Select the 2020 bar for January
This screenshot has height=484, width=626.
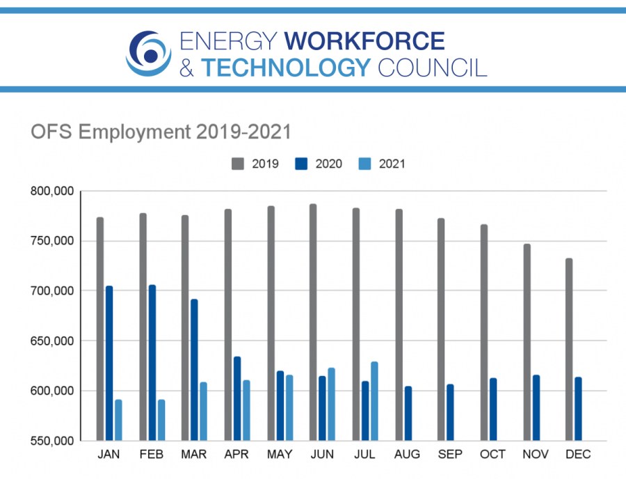109,363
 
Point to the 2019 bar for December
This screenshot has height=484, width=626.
569,349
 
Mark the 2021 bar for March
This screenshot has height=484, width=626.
204,411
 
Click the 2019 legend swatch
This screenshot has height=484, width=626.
237,164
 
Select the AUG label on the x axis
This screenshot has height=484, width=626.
408,455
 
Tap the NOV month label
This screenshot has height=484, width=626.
536,455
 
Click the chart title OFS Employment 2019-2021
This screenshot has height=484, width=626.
161,131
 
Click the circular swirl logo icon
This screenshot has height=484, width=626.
148,53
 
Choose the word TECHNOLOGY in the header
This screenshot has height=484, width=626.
286,67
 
